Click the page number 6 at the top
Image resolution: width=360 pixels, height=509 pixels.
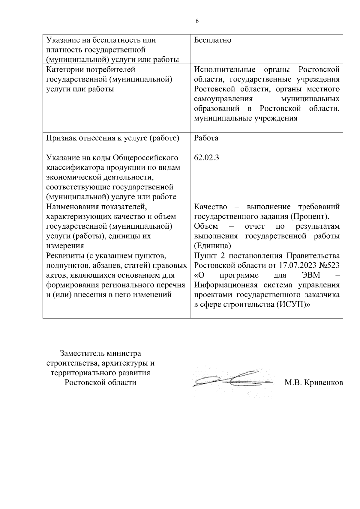tap(197, 21)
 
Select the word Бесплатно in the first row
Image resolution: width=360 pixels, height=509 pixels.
tap(212, 40)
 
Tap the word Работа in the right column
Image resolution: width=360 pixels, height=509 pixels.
tap(206, 138)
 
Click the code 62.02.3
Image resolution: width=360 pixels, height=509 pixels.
tap(206, 158)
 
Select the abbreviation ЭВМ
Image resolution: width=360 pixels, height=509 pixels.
tap(311, 275)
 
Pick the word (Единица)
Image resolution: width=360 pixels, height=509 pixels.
tap(212, 246)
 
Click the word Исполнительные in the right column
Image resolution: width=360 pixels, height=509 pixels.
tap(225, 70)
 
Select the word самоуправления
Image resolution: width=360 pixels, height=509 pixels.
tap(223, 99)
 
